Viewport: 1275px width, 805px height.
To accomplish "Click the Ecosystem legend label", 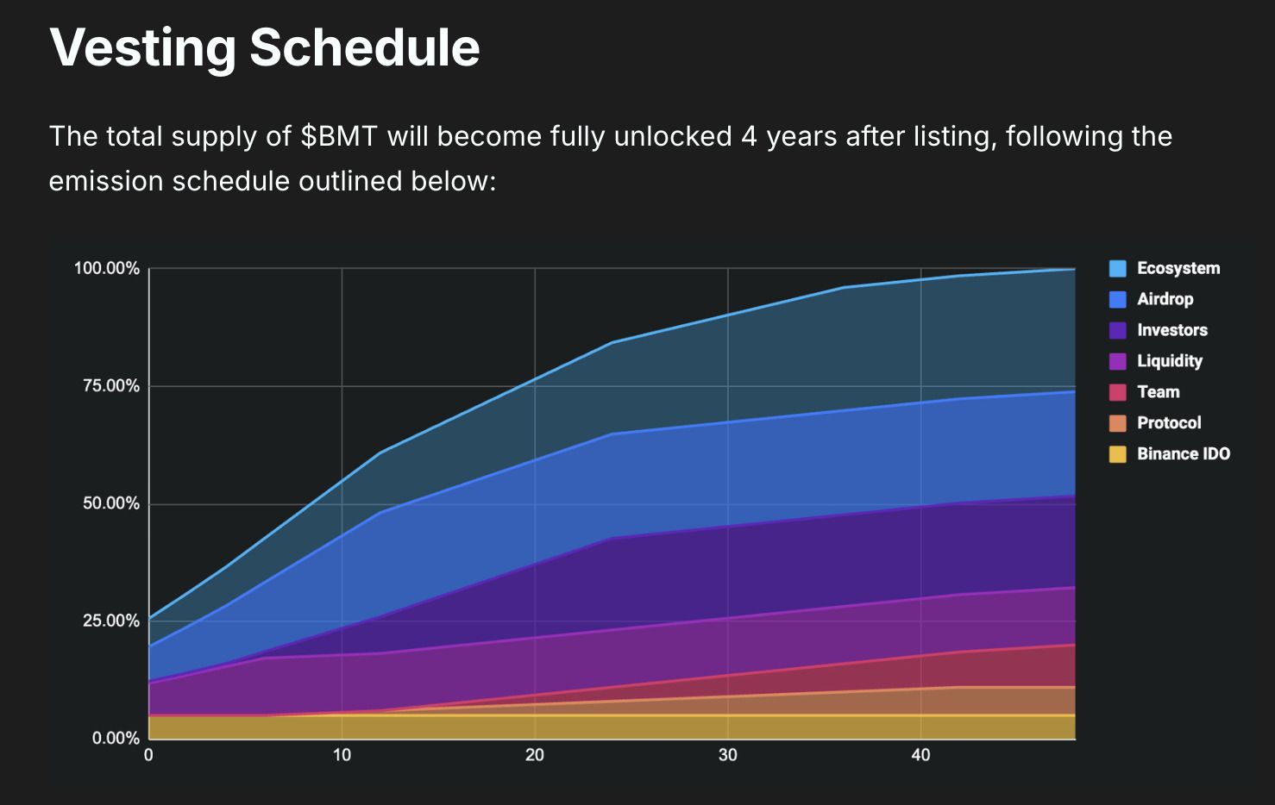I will click(x=1178, y=268).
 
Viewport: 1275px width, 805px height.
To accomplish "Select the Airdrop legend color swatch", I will click(x=1118, y=299).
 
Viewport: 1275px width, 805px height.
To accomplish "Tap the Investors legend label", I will click(x=1171, y=330).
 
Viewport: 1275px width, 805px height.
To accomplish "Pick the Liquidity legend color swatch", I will click(x=1118, y=361).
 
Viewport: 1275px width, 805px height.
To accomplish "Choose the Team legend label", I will click(x=1158, y=392).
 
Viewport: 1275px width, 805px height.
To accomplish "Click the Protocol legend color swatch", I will click(x=1118, y=423).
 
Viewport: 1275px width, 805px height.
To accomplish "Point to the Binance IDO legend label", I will click(x=1183, y=454).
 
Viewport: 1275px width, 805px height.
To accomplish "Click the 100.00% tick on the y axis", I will click(x=106, y=269).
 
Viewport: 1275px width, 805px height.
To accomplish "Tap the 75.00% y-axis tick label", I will click(x=110, y=386).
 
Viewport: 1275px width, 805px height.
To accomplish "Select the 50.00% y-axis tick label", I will click(x=110, y=503).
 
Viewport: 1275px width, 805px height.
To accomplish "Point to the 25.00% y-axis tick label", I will click(x=110, y=621).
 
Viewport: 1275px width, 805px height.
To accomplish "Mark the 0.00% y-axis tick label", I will click(x=116, y=738).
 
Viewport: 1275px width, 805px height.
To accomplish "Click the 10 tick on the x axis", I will click(x=342, y=755).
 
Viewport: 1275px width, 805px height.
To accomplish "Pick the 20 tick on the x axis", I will click(x=535, y=755).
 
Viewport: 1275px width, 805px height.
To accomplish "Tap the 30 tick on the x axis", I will click(x=727, y=755).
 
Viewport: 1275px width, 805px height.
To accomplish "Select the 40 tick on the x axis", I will click(x=920, y=755).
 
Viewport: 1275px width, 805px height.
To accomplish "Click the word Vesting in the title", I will click(x=142, y=47).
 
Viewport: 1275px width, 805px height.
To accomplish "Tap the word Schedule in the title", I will click(x=365, y=47).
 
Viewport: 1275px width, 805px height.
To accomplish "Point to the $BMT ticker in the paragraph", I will click(x=339, y=137).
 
